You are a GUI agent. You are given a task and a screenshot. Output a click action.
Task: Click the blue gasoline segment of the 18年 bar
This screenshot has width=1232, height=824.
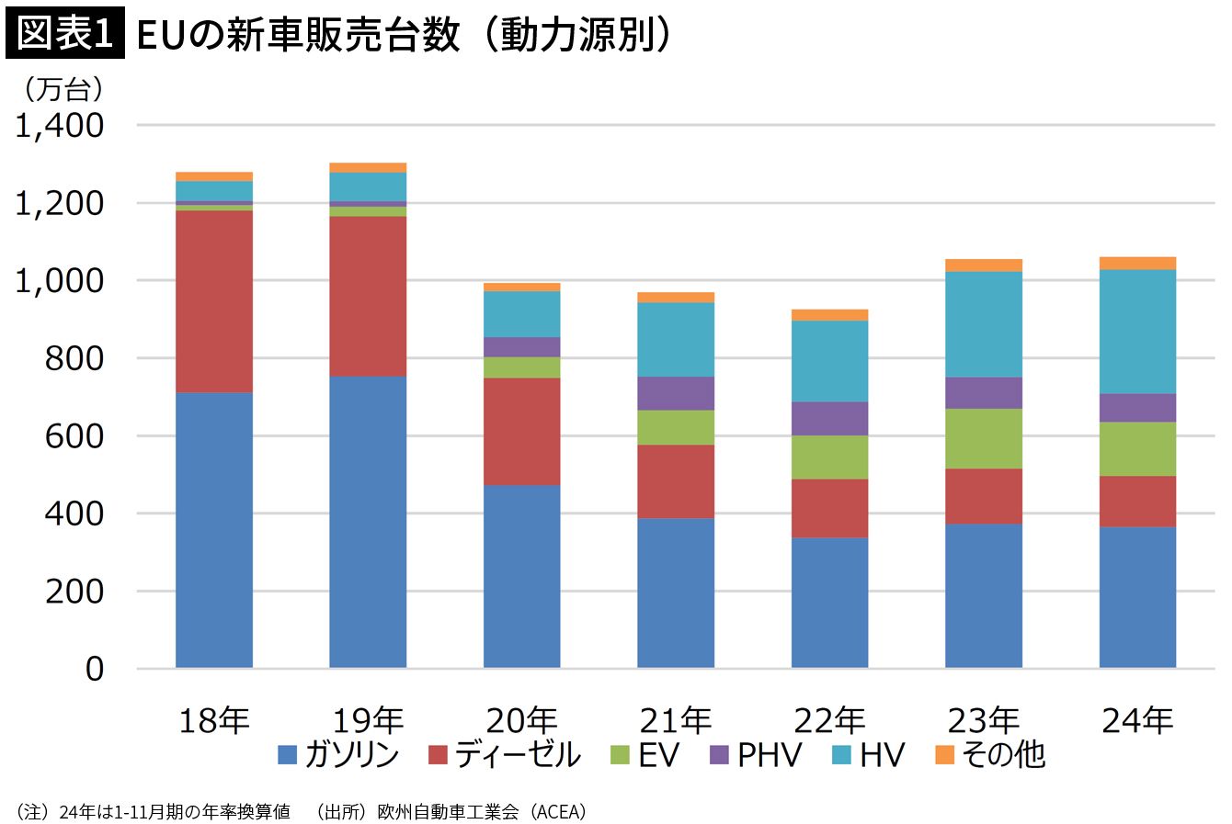213,530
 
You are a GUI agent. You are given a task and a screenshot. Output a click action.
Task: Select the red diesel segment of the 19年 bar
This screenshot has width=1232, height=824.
368,296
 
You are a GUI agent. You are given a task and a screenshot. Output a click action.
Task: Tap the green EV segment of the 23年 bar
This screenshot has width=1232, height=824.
984,438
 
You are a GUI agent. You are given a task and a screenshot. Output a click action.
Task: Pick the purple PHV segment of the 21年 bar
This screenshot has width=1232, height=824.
676,393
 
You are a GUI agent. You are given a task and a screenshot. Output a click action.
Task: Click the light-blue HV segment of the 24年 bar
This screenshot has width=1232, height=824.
1137,332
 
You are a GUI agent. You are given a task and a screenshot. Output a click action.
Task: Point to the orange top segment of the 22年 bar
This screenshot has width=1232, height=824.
829,315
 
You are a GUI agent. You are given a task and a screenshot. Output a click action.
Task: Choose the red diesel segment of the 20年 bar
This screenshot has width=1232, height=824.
521,431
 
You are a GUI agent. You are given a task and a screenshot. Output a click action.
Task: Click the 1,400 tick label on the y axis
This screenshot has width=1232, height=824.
60,126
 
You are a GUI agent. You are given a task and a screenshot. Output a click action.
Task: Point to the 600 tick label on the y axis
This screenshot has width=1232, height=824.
74,435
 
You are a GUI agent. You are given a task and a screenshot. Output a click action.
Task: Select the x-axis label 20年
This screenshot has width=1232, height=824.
521,721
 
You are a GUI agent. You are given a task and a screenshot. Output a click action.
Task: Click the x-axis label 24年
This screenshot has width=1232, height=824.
1137,721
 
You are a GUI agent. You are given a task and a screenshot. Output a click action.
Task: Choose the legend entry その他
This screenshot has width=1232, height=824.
1002,755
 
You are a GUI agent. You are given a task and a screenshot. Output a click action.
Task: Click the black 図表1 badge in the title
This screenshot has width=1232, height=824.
64,35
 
